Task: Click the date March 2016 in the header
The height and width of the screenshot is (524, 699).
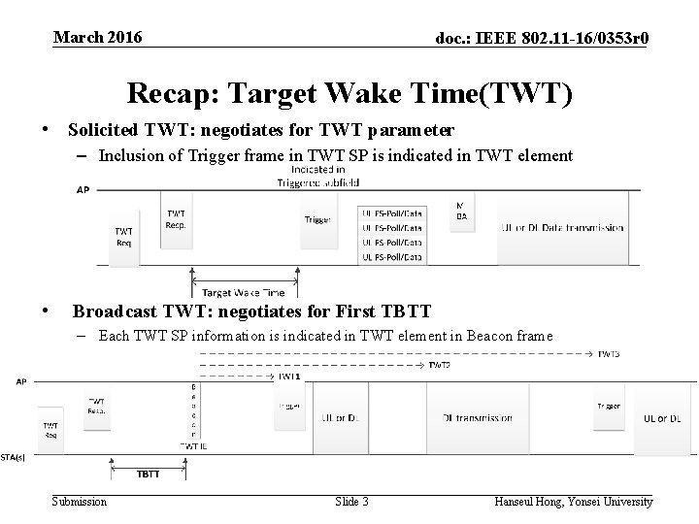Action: point(97,37)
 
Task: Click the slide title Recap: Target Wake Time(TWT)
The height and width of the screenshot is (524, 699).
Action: point(349,93)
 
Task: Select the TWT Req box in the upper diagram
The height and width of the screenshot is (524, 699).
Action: point(124,238)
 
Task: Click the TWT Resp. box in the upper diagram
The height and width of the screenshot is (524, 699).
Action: point(177,218)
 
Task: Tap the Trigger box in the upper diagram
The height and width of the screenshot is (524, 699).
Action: point(317,220)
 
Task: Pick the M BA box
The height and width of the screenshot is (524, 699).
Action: point(461,211)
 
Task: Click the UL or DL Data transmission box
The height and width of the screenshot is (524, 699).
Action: point(562,227)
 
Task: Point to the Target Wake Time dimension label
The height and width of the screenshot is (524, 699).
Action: point(243,292)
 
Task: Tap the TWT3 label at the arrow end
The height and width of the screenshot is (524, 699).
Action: point(609,354)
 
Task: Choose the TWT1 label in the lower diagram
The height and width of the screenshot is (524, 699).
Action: point(289,376)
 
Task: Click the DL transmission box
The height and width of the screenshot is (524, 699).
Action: point(477,417)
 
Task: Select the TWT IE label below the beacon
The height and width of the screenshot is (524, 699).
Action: point(193,444)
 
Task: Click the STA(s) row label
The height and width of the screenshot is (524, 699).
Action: point(14,456)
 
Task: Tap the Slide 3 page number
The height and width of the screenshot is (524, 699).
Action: point(351,502)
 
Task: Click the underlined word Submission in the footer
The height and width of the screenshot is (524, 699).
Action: point(80,502)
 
